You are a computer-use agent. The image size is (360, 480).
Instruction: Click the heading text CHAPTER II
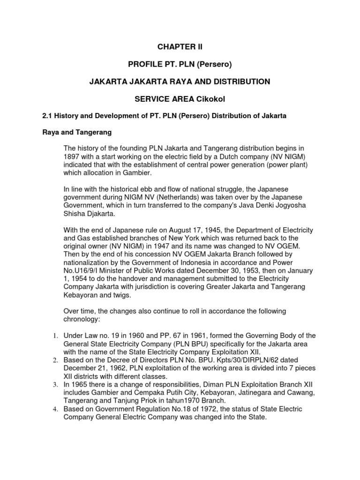coord(180,47)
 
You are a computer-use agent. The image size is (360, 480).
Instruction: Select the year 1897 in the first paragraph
coord(73,157)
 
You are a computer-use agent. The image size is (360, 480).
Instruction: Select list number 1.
coord(54,336)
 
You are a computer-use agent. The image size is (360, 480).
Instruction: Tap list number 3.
coord(54,384)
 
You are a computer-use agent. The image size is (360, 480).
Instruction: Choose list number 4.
coord(54,409)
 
